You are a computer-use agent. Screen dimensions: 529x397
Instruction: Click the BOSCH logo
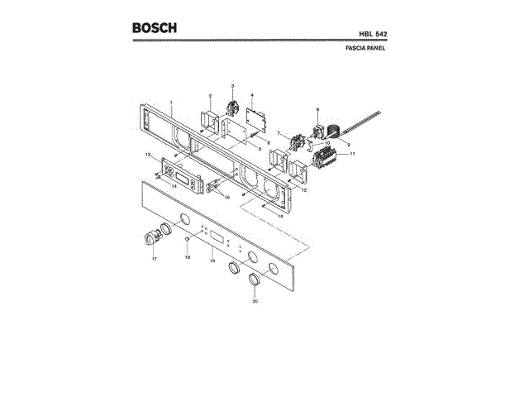[x=155, y=27]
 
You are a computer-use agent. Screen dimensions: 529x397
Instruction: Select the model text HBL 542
[x=371, y=33]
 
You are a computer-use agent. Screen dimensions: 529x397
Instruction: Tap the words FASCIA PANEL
[x=365, y=49]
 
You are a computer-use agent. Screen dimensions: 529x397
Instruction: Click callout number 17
[x=154, y=260]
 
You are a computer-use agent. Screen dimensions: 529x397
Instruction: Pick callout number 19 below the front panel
[x=212, y=261]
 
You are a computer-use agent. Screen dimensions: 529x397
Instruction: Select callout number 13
[x=148, y=155]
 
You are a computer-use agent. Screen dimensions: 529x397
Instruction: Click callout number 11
[x=352, y=154]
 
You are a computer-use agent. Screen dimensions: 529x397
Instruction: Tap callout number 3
[x=232, y=86]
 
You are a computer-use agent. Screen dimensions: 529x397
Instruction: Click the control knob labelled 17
[x=151, y=240]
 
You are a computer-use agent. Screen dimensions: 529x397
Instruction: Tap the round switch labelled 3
[x=232, y=108]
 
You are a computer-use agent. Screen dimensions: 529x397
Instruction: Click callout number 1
[x=171, y=103]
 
